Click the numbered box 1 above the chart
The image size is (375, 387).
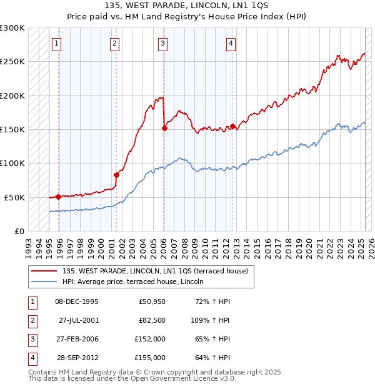(x=56, y=44)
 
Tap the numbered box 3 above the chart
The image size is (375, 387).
(x=162, y=44)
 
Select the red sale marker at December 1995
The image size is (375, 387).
(x=58, y=197)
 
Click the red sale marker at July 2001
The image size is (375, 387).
(x=116, y=175)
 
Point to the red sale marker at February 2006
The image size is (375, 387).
(x=164, y=129)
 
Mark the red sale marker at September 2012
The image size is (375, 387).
(x=232, y=127)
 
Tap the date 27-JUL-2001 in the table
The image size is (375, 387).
(x=79, y=320)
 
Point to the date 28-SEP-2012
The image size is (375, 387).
(x=78, y=358)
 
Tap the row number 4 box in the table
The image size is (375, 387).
(x=32, y=358)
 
